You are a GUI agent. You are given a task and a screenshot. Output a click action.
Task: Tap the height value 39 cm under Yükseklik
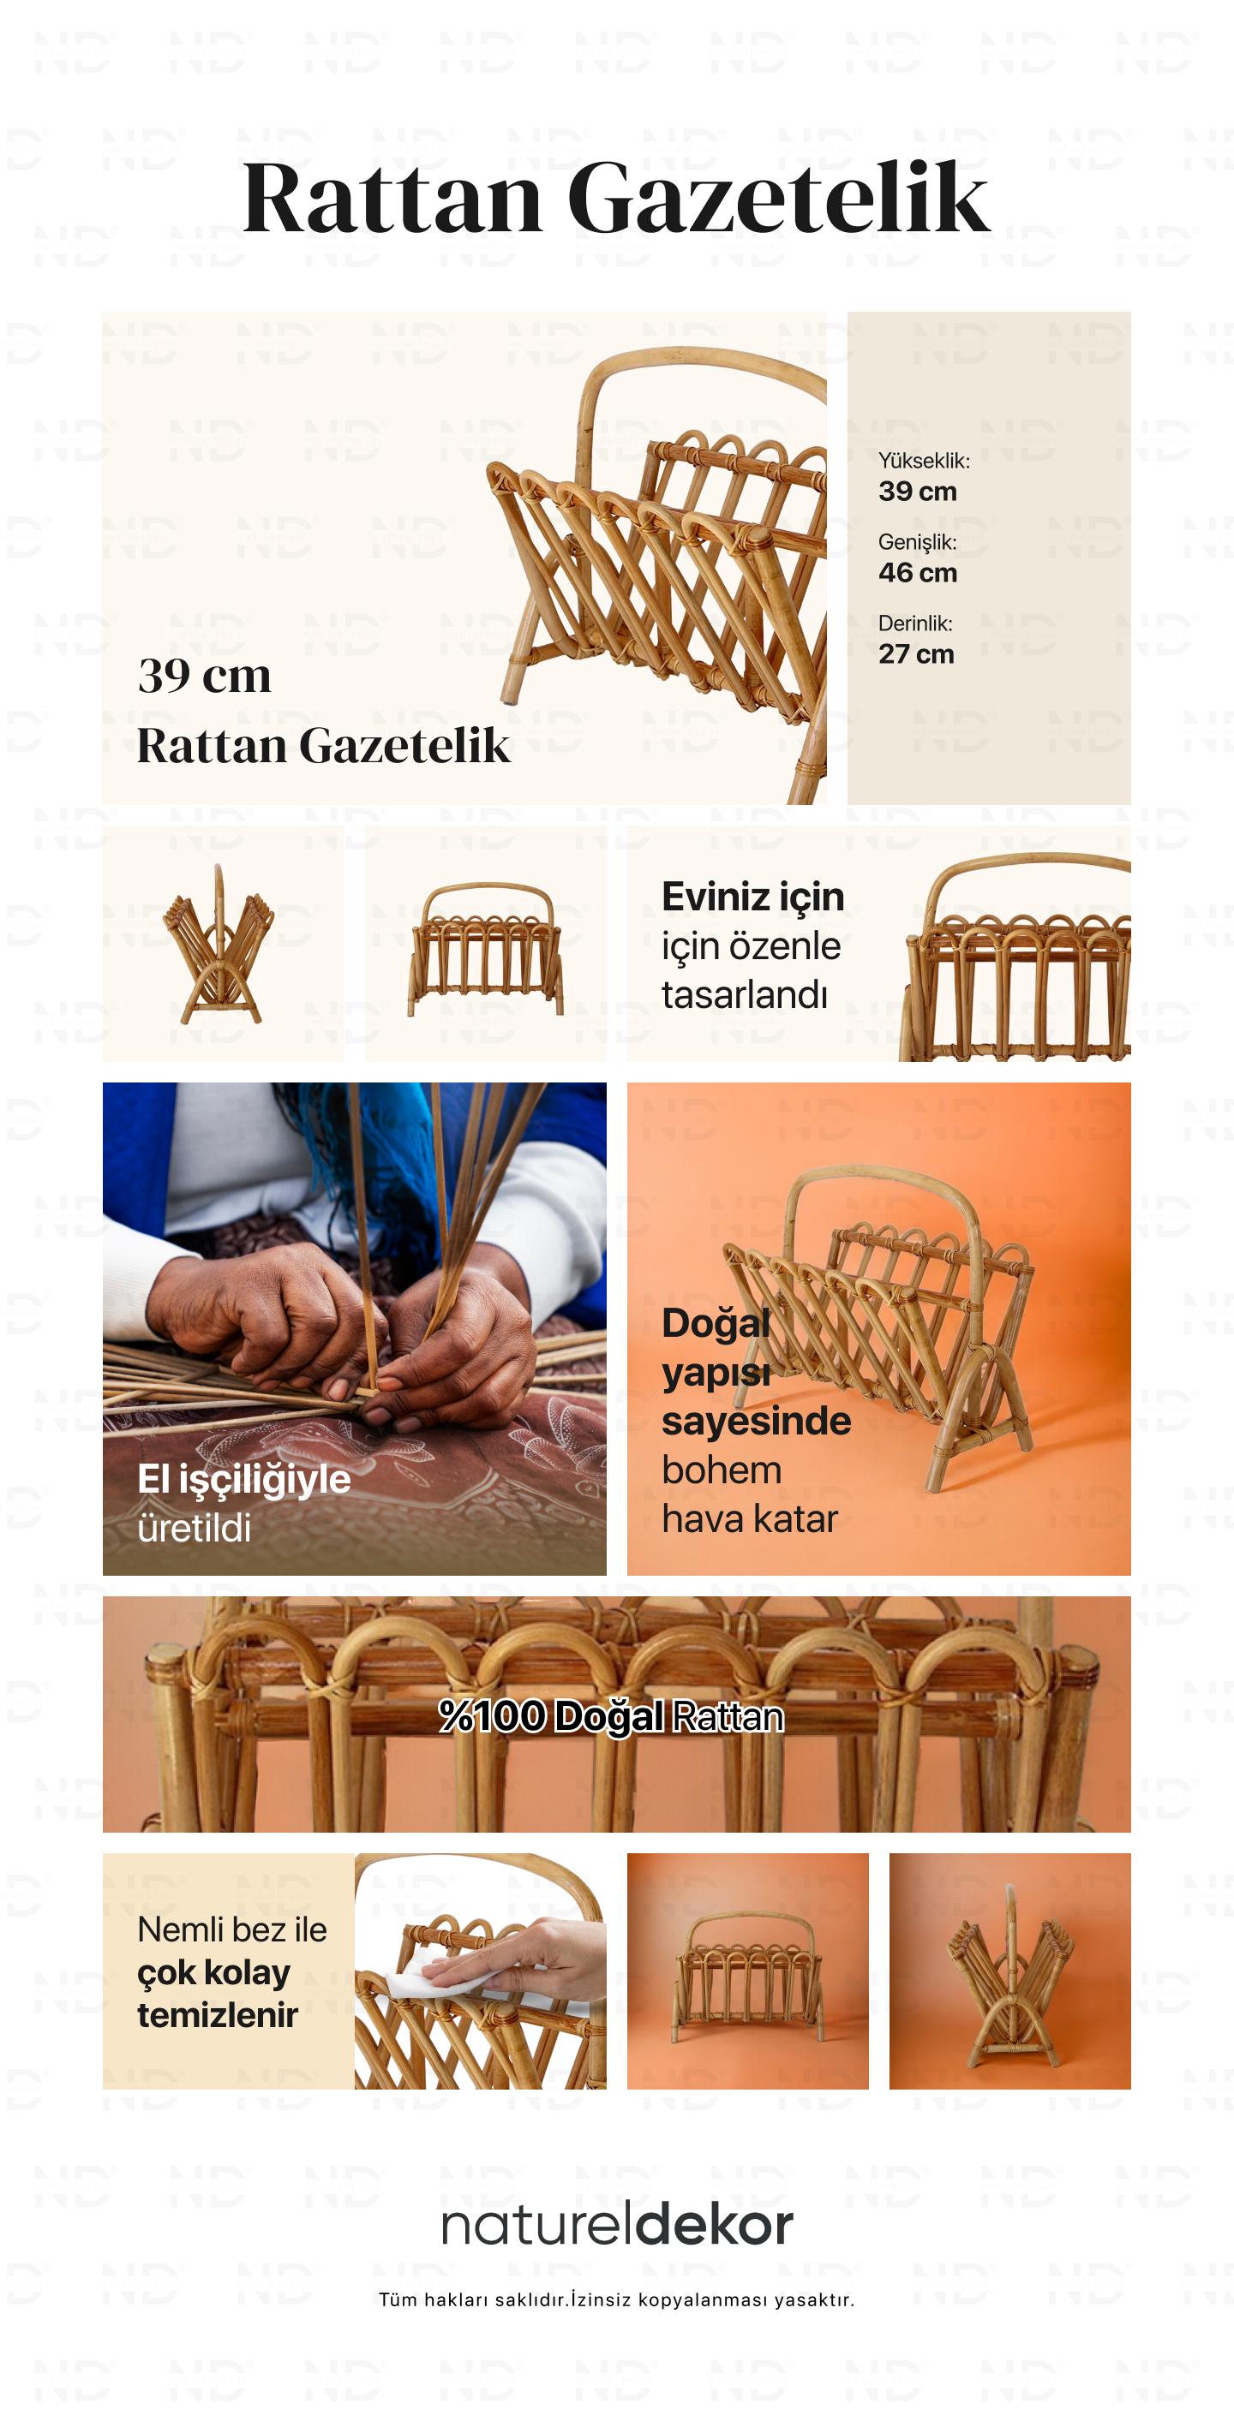click(x=918, y=491)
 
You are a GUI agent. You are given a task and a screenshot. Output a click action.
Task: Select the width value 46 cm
click(x=918, y=572)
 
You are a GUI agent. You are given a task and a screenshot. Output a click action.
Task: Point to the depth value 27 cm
click(x=915, y=653)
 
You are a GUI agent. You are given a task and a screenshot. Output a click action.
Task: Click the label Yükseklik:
click(x=924, y=461)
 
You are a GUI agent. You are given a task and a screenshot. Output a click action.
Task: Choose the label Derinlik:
click(x=914, y=623)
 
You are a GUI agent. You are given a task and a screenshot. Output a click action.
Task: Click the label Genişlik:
click(x=918, y=543)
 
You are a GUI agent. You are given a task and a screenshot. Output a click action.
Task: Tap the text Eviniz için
click(x=752, y=897)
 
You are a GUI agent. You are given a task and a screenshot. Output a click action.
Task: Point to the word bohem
click(x=721, y=1470)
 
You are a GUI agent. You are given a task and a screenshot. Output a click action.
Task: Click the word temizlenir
click(x=218, y=2016)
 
